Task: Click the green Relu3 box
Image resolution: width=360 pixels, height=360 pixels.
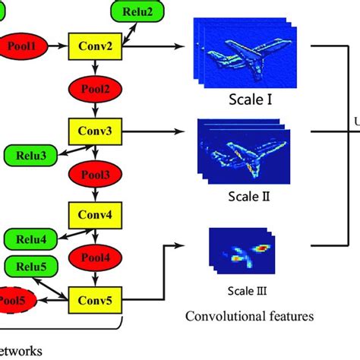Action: click(28, 156)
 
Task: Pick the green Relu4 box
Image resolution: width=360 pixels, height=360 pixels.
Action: click(28, 241)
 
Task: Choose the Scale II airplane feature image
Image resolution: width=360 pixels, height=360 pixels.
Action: click(240, 152)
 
